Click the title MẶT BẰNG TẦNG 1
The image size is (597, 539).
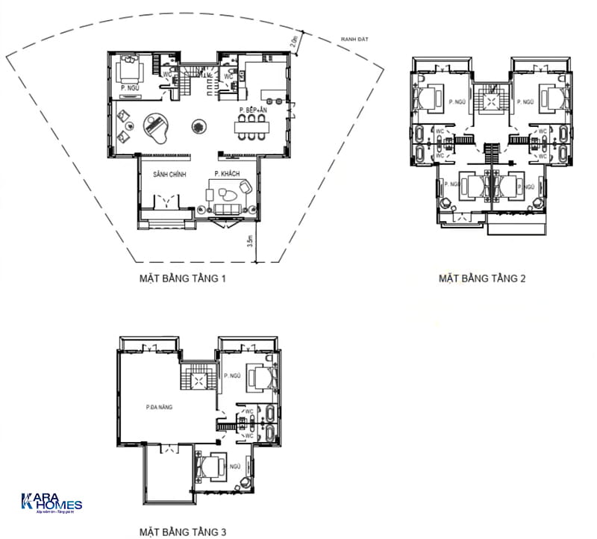click(x=183, y=279)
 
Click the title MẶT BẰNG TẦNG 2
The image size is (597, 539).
click(x=483, y=279)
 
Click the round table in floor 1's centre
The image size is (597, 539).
click(x=199, y=128)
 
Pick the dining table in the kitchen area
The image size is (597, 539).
click(x=254, y=128)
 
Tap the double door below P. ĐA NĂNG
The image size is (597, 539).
click(x=169, y=448)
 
